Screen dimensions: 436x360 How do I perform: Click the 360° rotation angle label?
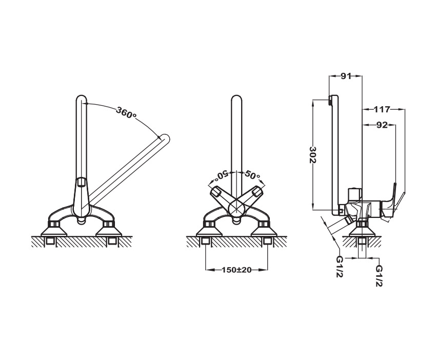127,113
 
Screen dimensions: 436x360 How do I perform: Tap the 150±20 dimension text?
236,270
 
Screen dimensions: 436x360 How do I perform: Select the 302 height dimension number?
313,154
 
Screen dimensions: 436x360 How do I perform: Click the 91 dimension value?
346,76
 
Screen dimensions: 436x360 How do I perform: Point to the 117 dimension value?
382,110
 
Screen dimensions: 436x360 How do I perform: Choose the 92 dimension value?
382,125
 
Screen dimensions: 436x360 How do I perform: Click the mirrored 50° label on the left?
222,174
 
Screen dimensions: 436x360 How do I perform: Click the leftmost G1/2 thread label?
340,266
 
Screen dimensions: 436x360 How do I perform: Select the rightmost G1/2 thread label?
379,276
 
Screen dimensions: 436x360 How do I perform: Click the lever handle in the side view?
392,200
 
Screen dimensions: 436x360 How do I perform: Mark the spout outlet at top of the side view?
330,101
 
